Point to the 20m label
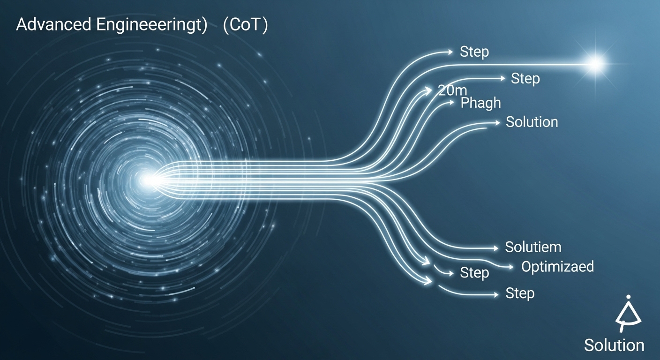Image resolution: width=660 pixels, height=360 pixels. tap(453, 91)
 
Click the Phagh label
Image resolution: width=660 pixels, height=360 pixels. tap(480, 103)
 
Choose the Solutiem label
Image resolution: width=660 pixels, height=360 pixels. tap(533, 247)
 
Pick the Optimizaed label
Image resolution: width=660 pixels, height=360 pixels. tap(557, 267)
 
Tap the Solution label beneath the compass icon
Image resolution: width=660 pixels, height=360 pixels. tap(614, 345)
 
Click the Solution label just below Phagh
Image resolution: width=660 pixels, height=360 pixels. tap(532, 122)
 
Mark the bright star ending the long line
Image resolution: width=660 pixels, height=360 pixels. tap(596, 64)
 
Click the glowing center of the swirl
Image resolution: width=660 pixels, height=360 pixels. tap(149, 180)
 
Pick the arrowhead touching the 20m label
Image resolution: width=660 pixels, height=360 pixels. tap(430, 90)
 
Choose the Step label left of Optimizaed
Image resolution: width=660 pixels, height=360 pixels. tap(474, 273)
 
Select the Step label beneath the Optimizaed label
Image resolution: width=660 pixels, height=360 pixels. tap(520, 294)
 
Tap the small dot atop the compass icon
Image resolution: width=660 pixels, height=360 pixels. tap(628, 297)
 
